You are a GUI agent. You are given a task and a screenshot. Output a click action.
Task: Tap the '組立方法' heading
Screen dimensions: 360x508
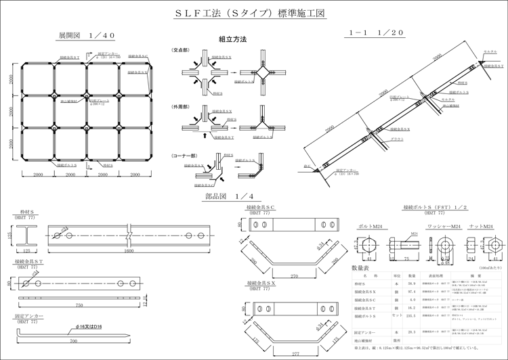(232, 39)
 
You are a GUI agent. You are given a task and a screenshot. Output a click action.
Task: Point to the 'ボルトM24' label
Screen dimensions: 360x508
(370, 227)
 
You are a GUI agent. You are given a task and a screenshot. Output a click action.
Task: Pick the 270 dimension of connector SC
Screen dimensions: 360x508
(293, 276)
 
